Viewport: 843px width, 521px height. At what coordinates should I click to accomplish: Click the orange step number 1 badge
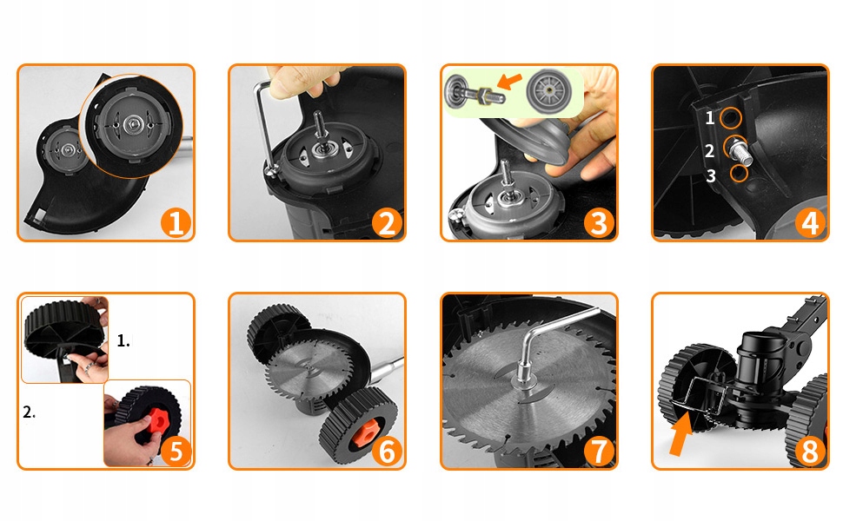176,222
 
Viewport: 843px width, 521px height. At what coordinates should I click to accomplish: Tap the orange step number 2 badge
387,222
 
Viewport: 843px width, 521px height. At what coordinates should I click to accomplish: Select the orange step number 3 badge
599,222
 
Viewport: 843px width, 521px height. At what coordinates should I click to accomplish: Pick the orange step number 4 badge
810,222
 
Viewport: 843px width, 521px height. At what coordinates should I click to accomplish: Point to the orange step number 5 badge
176,451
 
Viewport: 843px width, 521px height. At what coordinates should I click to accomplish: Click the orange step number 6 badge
387,451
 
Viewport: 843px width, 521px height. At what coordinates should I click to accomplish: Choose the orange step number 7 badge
599,451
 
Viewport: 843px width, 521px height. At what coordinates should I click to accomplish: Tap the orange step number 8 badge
810,451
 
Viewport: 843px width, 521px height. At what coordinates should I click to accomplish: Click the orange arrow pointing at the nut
509,81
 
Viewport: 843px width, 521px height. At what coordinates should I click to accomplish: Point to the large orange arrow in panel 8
681,433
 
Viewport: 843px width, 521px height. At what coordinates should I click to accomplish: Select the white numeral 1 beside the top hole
710,117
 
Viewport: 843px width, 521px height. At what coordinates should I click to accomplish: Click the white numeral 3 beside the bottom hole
711,175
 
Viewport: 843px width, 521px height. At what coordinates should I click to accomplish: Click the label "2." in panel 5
29,412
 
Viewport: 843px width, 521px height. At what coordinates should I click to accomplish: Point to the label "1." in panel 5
123,340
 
